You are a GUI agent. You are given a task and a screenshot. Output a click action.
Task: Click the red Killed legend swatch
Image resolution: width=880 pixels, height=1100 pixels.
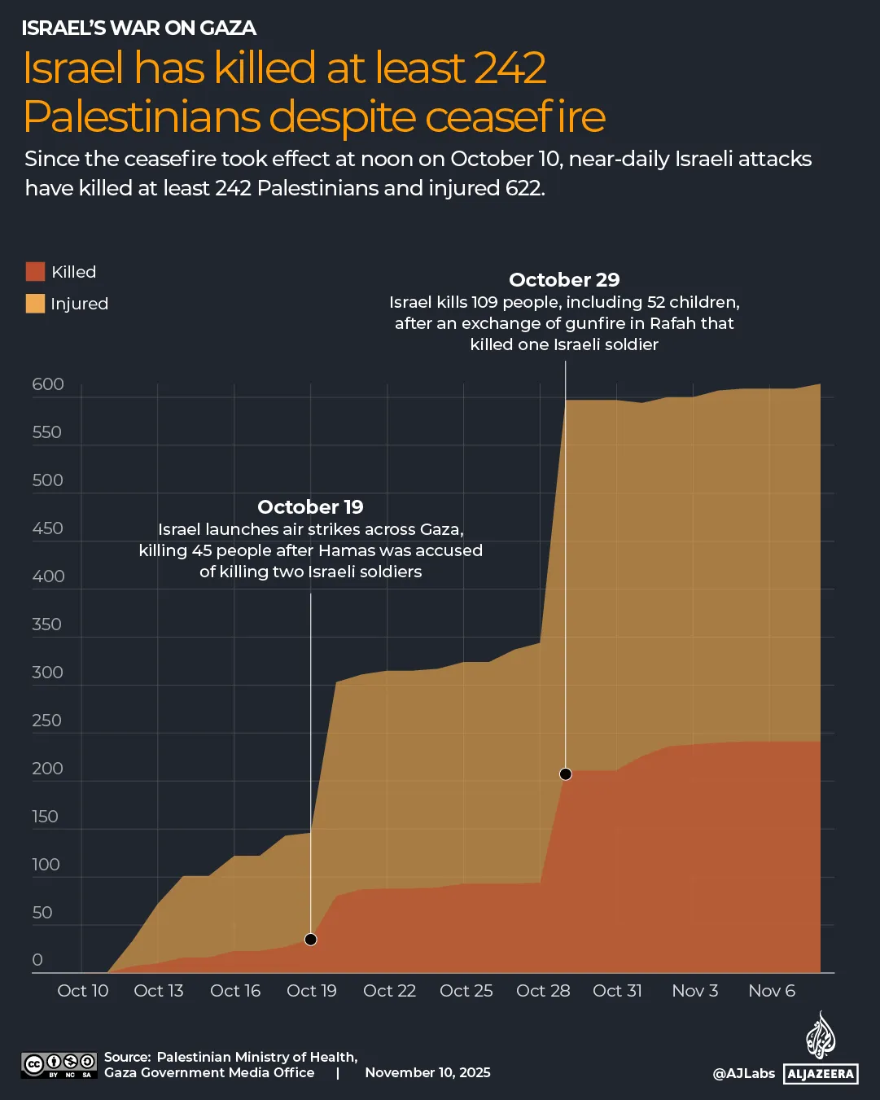pos(35,272)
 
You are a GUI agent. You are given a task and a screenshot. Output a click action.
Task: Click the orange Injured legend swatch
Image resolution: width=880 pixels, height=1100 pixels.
pos(35,304)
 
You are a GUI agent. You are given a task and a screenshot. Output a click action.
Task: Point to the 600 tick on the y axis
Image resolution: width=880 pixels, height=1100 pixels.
pos(48,384)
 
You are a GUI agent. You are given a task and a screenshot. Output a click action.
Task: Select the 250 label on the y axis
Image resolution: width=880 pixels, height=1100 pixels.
pos(47,721)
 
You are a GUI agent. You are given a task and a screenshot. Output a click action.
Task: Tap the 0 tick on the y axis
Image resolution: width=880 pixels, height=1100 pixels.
pos(37,960)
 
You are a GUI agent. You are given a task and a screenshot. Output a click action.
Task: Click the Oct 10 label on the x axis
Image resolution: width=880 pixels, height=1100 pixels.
pos(83,991)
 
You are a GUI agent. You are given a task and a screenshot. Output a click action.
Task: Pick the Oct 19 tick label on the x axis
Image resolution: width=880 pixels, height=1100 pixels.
pos(312,991)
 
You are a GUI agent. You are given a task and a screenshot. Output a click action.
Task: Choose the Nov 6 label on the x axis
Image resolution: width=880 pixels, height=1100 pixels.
pos(772,991)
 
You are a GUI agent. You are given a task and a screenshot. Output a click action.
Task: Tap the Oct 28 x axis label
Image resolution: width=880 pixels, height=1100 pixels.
pos(543,991)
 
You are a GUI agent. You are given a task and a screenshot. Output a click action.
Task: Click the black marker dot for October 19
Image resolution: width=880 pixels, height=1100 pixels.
pos(310,940)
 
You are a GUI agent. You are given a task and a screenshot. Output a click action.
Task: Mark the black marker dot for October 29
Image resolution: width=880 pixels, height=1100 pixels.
pos(566,774)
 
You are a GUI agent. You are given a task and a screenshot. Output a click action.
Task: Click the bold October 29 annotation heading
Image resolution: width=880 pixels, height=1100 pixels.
pos(564,280)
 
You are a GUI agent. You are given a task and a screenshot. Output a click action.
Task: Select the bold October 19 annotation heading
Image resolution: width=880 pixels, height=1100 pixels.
pos(310,507)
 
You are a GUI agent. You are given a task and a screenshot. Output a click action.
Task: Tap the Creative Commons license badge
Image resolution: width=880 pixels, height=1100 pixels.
pos(59,1065)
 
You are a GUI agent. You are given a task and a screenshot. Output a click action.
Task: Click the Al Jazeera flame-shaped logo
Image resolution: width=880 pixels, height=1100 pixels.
pos(821,1035)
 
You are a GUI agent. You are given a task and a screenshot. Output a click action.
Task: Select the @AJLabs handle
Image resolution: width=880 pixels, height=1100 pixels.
pos(743,1073)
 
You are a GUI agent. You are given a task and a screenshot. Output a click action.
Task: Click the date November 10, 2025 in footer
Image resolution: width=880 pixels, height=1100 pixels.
pos(427,1072)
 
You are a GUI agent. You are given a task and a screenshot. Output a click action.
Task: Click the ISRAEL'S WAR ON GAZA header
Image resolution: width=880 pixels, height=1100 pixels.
pos(139,28)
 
